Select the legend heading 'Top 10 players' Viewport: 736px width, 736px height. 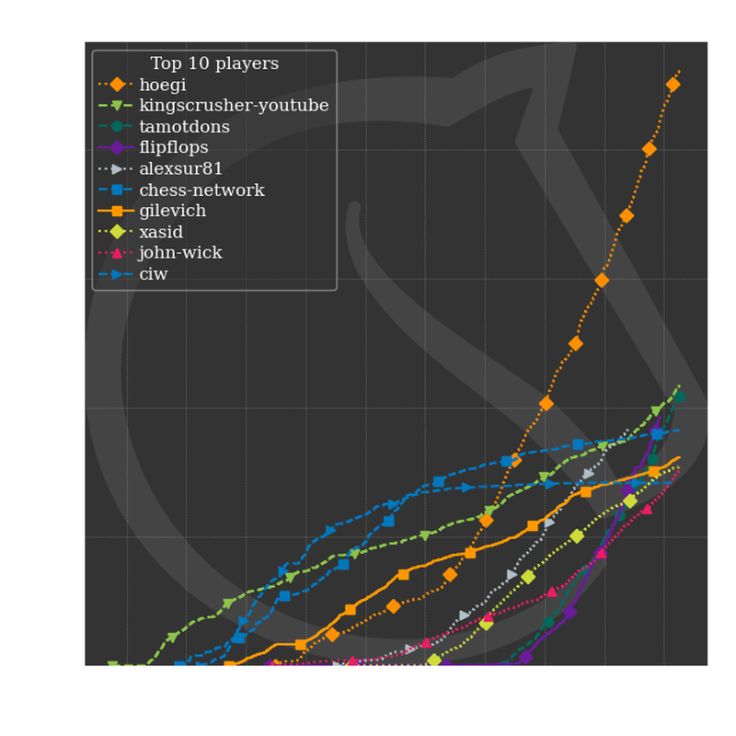tap(214, 63)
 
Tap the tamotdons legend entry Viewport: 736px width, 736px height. tap(184, 127)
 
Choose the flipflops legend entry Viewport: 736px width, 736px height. tap(174, 147)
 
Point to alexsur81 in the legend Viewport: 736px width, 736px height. tap(181, 168)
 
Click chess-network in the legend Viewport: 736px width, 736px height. tap(201, 190)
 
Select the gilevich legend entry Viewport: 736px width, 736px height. tap(173, 211)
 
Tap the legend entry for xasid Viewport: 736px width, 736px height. tap(162, 232)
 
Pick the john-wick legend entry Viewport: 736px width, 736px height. tap(180, 252)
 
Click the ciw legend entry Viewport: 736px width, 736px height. tap(154, 273)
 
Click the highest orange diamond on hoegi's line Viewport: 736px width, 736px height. tap(673, 85)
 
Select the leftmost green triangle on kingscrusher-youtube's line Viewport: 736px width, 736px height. tap(113, 665)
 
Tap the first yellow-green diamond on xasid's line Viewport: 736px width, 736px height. tap(434, 661)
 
